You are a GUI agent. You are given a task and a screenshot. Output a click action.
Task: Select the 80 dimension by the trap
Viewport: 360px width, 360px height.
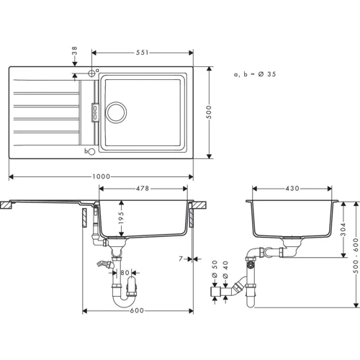(x=125, y=273)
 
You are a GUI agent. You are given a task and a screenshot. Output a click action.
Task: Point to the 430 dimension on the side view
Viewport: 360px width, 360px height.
(x=292, y=189)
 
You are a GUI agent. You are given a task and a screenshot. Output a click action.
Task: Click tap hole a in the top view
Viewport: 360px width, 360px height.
(x=91, y=73)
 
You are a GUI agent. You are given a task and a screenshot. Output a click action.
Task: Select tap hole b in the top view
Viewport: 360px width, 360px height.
(x=90, y=150)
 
